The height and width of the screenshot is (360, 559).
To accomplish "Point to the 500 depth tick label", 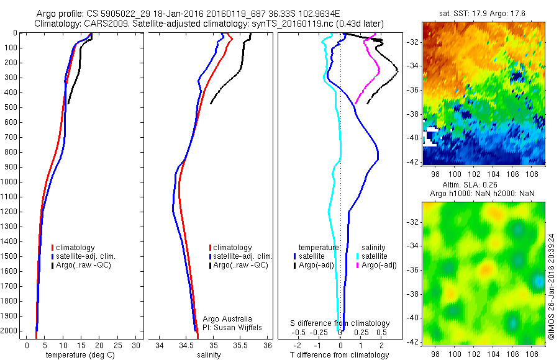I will coord(11,107).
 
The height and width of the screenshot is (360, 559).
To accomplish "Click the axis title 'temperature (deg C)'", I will coord(80,355).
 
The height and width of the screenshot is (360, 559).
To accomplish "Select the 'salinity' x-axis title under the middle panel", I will coord(209,355).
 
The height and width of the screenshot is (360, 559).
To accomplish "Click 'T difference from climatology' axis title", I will coord(340,355).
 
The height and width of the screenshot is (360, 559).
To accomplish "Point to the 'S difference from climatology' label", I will coord(340,323).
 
